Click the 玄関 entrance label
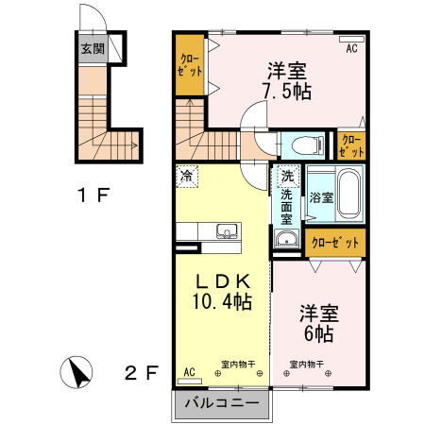(x=93, y=49)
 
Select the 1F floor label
(x=93, y=195)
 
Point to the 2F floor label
(x=141, y=373)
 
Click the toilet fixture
(x=308, y=145)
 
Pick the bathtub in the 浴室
(x=349, y=195)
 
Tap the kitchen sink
(x=227, y=231)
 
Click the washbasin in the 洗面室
(x=286, y=238)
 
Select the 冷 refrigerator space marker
(x=187, y=177)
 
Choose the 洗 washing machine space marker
(x=287, y=176)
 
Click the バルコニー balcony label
(x=222, y=402)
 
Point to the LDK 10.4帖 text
(x=222, y=292)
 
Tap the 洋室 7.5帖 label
(x=287, y=81)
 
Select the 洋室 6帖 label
(x=319, y=323)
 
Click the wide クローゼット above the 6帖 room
(x=335, y=243)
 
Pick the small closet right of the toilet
(x=351, y=145)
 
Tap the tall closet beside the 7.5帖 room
(x=190, y=65)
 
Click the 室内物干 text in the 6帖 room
(x=307, y=365)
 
